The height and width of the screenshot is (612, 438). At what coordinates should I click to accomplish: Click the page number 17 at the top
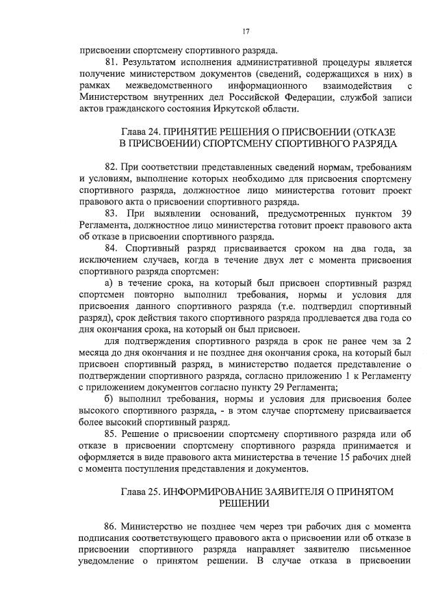click(246, 31)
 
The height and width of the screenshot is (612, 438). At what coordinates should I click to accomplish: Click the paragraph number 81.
click(113, 62)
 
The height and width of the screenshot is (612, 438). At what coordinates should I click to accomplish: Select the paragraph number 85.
click(113, 436)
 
